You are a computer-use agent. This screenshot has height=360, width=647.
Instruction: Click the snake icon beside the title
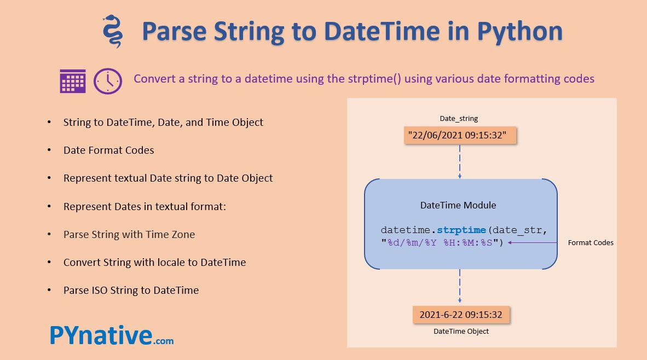coord(112,32)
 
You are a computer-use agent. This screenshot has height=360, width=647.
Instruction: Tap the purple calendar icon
coord(73,81)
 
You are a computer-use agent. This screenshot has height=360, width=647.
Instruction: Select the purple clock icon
coord(108,81)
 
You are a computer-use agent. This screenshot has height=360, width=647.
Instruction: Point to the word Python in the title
coord(519,31)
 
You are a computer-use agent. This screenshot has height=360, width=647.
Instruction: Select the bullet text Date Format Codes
coord(108,150)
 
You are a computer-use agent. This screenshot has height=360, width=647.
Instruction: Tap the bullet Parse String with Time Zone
coord(129,234)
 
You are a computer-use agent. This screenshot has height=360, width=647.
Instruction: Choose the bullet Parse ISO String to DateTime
coord(131,290)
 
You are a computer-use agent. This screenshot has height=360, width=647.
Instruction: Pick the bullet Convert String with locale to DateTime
coord(154,262)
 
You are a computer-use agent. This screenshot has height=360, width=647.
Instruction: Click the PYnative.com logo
coord(112,335)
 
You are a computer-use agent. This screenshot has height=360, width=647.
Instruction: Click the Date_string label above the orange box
coord(459,118)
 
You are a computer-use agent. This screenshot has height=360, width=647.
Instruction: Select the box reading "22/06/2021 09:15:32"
coord(460,135)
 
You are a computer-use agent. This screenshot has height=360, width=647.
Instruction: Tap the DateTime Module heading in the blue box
coord(458,205)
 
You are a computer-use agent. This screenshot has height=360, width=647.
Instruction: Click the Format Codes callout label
coord(591,242)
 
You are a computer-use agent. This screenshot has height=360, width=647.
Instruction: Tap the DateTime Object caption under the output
coord(461,331)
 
